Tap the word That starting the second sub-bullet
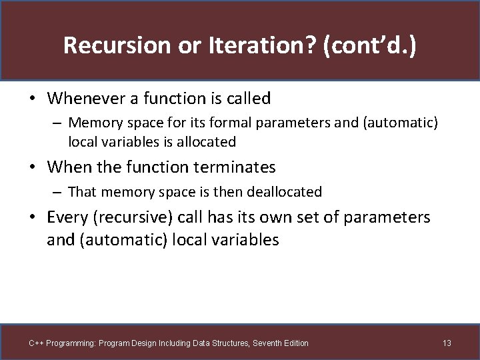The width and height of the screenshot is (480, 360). (x=82, y=192)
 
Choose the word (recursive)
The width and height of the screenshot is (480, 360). (x=131, y=217)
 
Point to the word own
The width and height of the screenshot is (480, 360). (x=291, y=217)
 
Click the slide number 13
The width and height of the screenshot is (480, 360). (x=447, y=343)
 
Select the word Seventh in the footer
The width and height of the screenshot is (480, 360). (x=261, y=343)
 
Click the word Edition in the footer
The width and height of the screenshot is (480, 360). (x=294, y=343)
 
